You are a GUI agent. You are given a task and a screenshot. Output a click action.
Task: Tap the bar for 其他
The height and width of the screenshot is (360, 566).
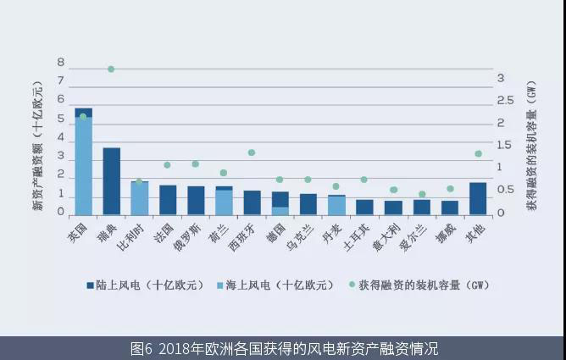478,198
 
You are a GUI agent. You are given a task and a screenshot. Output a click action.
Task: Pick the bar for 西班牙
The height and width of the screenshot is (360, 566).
252,202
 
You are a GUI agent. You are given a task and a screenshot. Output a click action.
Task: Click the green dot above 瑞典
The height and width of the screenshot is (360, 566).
111,69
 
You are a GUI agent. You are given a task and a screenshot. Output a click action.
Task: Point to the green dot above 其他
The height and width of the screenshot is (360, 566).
478,153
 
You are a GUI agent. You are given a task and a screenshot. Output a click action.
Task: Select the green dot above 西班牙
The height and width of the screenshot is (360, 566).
252,152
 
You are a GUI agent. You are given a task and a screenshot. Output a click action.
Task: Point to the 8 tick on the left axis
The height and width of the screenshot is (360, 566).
60,63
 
